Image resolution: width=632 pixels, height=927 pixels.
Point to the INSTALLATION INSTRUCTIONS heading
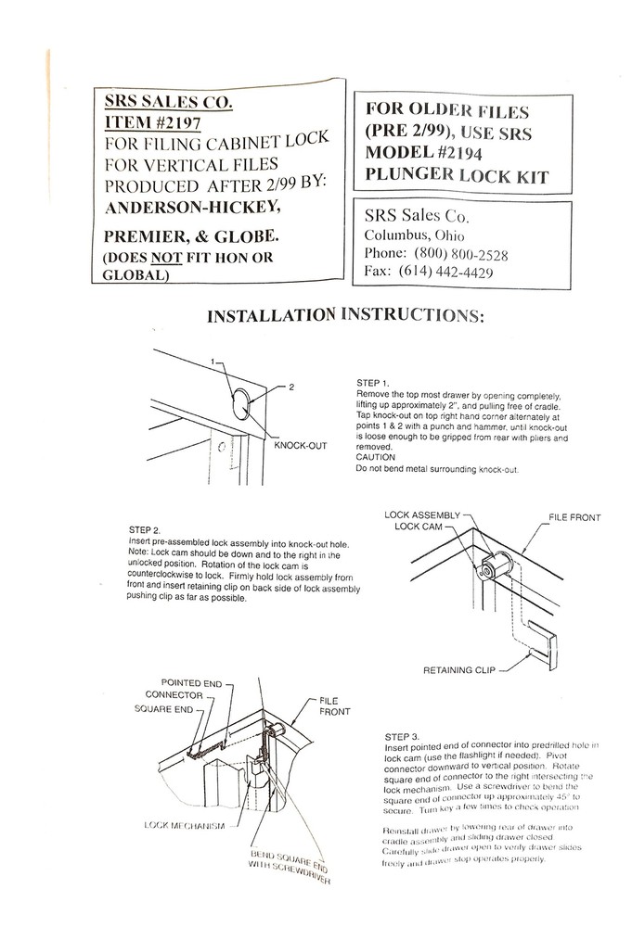tap(344, 316)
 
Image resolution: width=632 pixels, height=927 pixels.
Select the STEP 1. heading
tap(373, 383)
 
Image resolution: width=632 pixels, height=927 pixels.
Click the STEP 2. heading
tap(147, 530)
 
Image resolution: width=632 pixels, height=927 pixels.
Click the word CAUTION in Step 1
tap(376, 457)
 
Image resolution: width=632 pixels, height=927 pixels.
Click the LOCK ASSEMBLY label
tap(422, 514)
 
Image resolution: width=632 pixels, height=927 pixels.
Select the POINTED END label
tap(191, 682)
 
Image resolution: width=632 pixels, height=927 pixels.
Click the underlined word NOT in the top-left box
tap(171, 258)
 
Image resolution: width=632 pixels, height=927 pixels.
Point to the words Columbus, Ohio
tap(414, 235)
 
